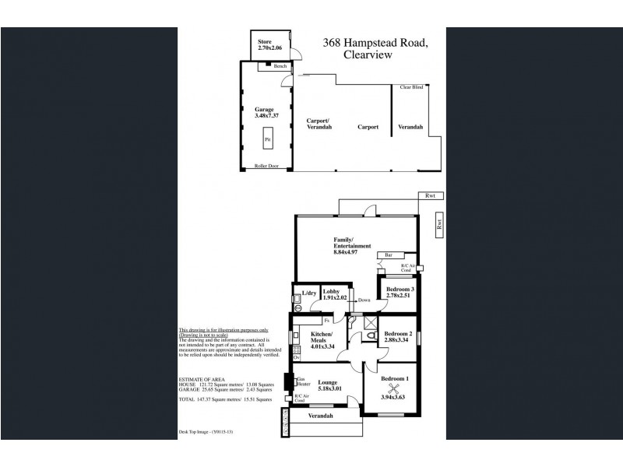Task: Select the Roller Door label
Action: (x=266, y=166)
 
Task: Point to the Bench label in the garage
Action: (x=280, y=66)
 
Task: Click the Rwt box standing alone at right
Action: (x=438, y=223)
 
